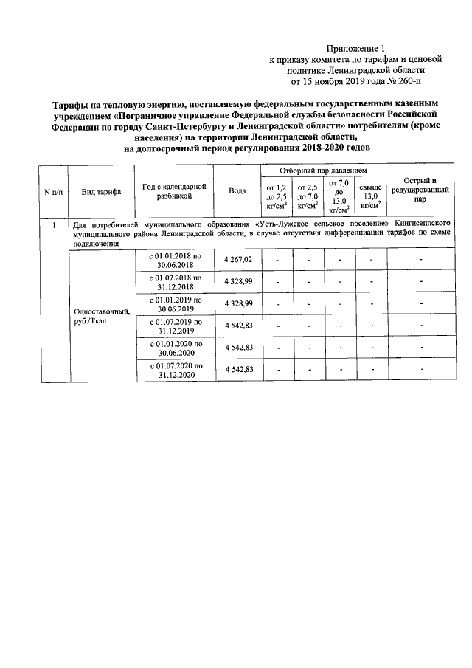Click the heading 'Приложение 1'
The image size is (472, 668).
click(361, 46)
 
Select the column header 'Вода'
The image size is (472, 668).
click(237, 191)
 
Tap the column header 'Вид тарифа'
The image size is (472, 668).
click(101, 191)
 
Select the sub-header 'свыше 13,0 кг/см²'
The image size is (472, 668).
click(369, 197)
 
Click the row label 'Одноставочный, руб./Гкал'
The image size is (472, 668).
click(101, 316)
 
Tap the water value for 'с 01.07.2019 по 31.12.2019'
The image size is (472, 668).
click(237, 326)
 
